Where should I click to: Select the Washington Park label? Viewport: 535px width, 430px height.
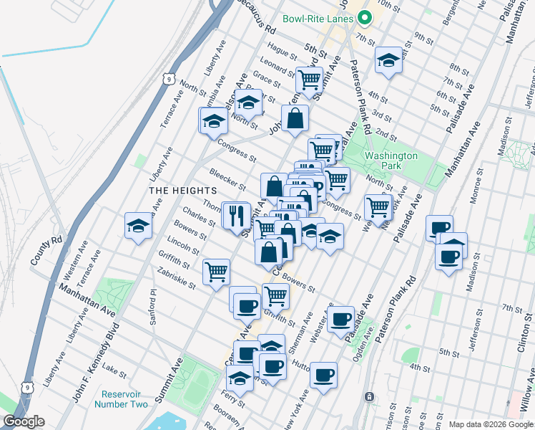(x=391, y=161)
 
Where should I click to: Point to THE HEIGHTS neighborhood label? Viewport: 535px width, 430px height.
(x=182, y=190)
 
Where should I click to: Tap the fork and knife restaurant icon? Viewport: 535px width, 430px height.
(x=237, y=214)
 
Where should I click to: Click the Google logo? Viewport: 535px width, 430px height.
(x=23, y=421)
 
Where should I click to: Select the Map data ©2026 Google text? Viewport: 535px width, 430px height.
(x=491, y=424)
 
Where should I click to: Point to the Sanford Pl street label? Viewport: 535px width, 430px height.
(x=153, y=307)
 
